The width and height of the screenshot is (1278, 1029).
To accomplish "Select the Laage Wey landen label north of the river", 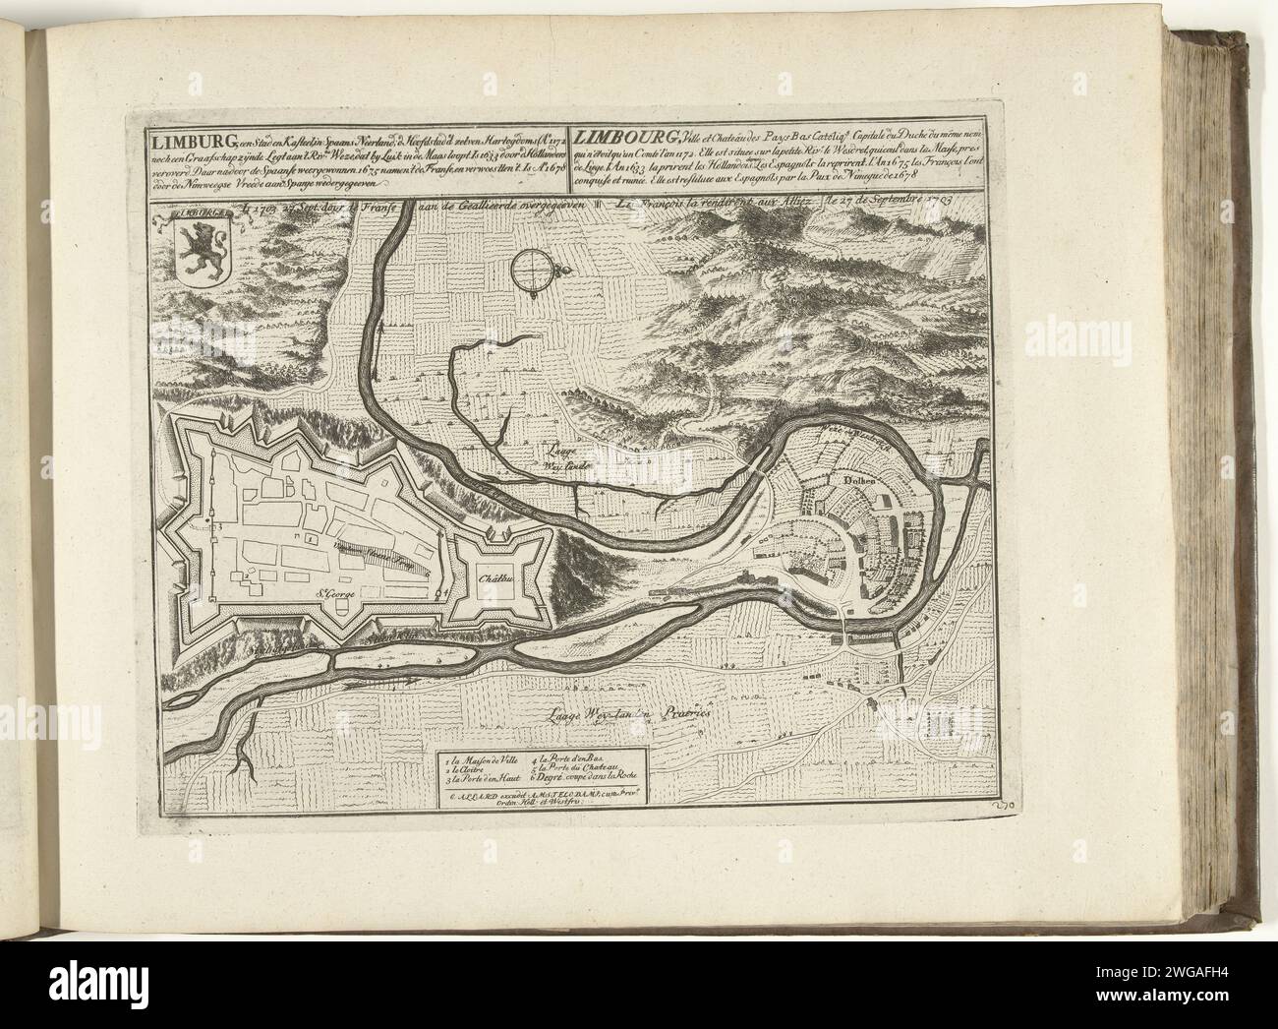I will tap(559, 453).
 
